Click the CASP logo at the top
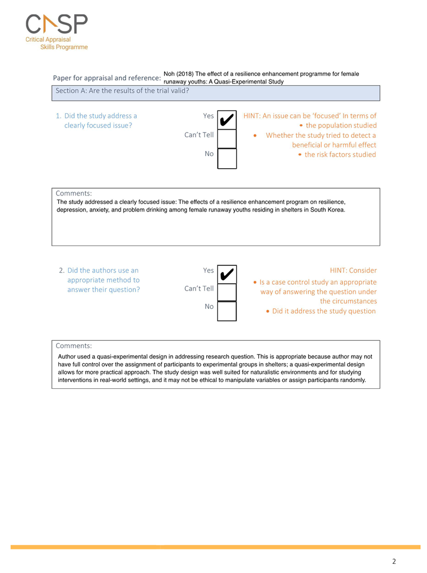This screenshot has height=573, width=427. pyautogui.click(x=57, y=25)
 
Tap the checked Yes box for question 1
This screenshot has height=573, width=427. pyautogui.click(x=227, y=120)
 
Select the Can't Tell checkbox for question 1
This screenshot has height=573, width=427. pyautogui.click(x=227, y=139)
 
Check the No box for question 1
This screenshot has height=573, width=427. pyautogui.click(x=227, y=158)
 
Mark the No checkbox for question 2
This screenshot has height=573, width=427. pyautogui.click(x=227, y=311)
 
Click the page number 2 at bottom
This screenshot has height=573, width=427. pyautogui.click(x=394, y=561)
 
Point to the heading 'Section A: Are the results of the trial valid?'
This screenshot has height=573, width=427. pyautogui.click(x=122, y=90)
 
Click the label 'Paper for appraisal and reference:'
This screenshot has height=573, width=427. pyautogui.click(x=106, y=78)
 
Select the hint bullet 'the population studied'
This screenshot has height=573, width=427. pyautogui.click(x=341, y=125)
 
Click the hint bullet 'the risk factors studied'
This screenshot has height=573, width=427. pyautogui.click(x=340, y=154)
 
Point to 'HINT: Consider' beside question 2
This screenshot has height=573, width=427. pyautogui.click(x=353, y=270)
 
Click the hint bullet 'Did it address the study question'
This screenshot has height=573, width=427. pyautogui.click(x=324, y=311)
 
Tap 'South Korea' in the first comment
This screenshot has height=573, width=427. pyautogui.click(x=328, y=210)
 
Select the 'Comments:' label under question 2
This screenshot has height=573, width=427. pyautogui.click(x=74, y=345)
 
